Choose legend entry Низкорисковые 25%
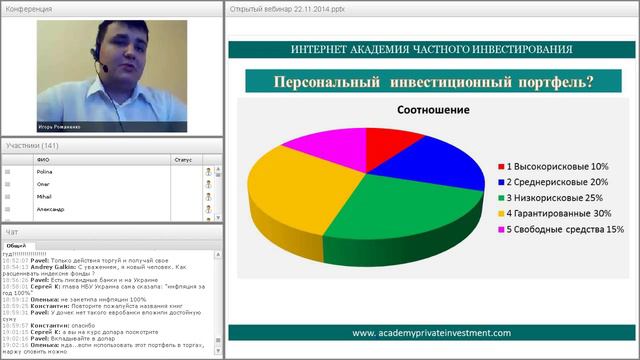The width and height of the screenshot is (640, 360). [x=556, y=198]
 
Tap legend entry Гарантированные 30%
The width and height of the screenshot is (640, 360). [x=560, y=214]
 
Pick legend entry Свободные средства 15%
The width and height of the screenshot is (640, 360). [x=565, y=230]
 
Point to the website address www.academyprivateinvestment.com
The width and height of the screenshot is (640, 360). [x=431, y=333]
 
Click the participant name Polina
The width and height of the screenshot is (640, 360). [x=44, y=172]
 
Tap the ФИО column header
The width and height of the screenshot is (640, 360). [x=43, y=159]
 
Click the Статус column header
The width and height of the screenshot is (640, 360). [x=182, y=159]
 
